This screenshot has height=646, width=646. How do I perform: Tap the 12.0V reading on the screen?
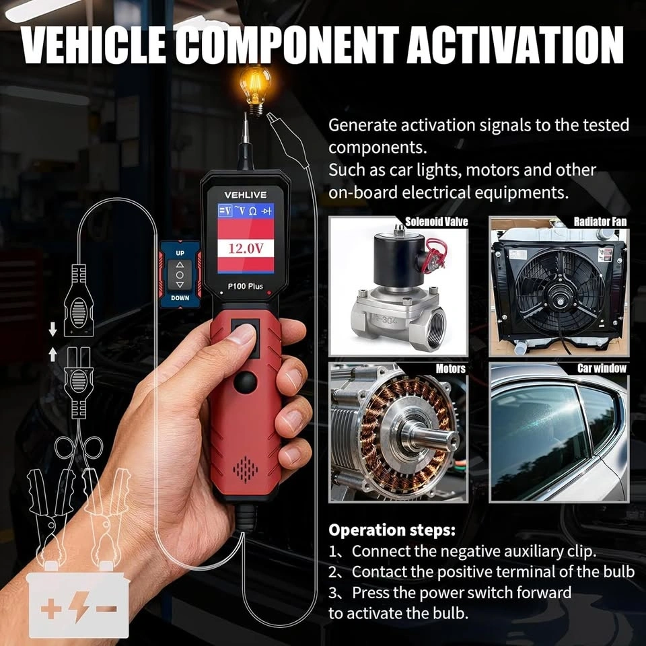(x=246, y=248)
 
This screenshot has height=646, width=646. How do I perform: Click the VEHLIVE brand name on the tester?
(x=246, y=195)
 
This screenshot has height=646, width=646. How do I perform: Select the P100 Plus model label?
(x=246, y=287)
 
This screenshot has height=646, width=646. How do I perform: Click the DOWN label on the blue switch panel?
(x=180, y=298)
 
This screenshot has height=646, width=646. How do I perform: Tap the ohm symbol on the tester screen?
(x=253, y=211)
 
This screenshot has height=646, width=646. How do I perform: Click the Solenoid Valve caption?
(x=437, y=222)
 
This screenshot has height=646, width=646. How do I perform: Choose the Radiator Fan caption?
(x=600, y=222)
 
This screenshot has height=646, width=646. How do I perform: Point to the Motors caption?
(x=451, y=368)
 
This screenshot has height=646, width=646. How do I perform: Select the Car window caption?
(x=602, y=368)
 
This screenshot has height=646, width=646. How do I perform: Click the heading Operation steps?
(x=392, y=530)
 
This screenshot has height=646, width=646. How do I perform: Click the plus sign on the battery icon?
(x=52, y=608)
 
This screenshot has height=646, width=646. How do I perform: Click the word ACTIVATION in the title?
(x=515, y=45)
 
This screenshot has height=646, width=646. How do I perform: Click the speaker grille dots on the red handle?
(x=246, y=469)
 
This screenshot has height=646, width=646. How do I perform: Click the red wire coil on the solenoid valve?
(x=436, y=256)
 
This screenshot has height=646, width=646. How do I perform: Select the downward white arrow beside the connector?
(x=52, y=329)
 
